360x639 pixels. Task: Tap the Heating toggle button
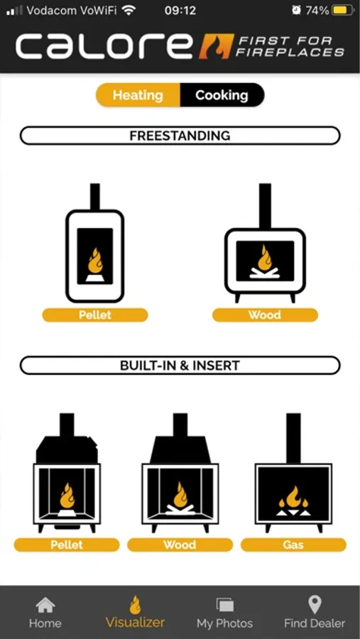(138, 95)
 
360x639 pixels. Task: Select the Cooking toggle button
(222, 95)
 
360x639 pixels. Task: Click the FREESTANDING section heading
(180, 136)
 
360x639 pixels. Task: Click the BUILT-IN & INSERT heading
(180, 365)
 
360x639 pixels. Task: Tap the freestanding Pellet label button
(95, 315)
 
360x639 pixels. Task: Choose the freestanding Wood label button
(265, 315)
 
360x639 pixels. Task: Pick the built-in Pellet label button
(67, 545)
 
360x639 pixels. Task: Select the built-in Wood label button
(180, 545)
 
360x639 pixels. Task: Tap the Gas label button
(293, 545)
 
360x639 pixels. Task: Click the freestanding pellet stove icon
(95, 243)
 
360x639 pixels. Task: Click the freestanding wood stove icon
(265, 243)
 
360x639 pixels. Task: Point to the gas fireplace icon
(293, 473)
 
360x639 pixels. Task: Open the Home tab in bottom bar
(45, 613)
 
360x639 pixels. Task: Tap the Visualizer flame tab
(136, 612)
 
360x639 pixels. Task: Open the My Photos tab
(224, 613)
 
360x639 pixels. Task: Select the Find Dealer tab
(315, 612)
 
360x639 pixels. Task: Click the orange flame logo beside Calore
(215, 46)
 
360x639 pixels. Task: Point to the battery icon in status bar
(343, 10)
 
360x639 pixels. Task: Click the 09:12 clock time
(180, 10)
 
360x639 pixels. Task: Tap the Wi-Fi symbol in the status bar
(129, 10)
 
